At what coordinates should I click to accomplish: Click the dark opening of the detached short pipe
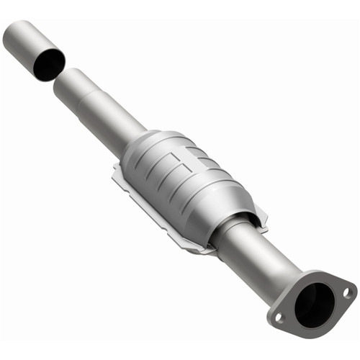[x=48, y=65]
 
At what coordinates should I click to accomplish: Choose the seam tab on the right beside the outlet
[x=261, y=216]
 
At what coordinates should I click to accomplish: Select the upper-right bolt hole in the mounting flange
[x=346, y=292]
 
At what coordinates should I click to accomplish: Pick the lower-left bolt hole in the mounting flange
[x=279, y=316]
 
